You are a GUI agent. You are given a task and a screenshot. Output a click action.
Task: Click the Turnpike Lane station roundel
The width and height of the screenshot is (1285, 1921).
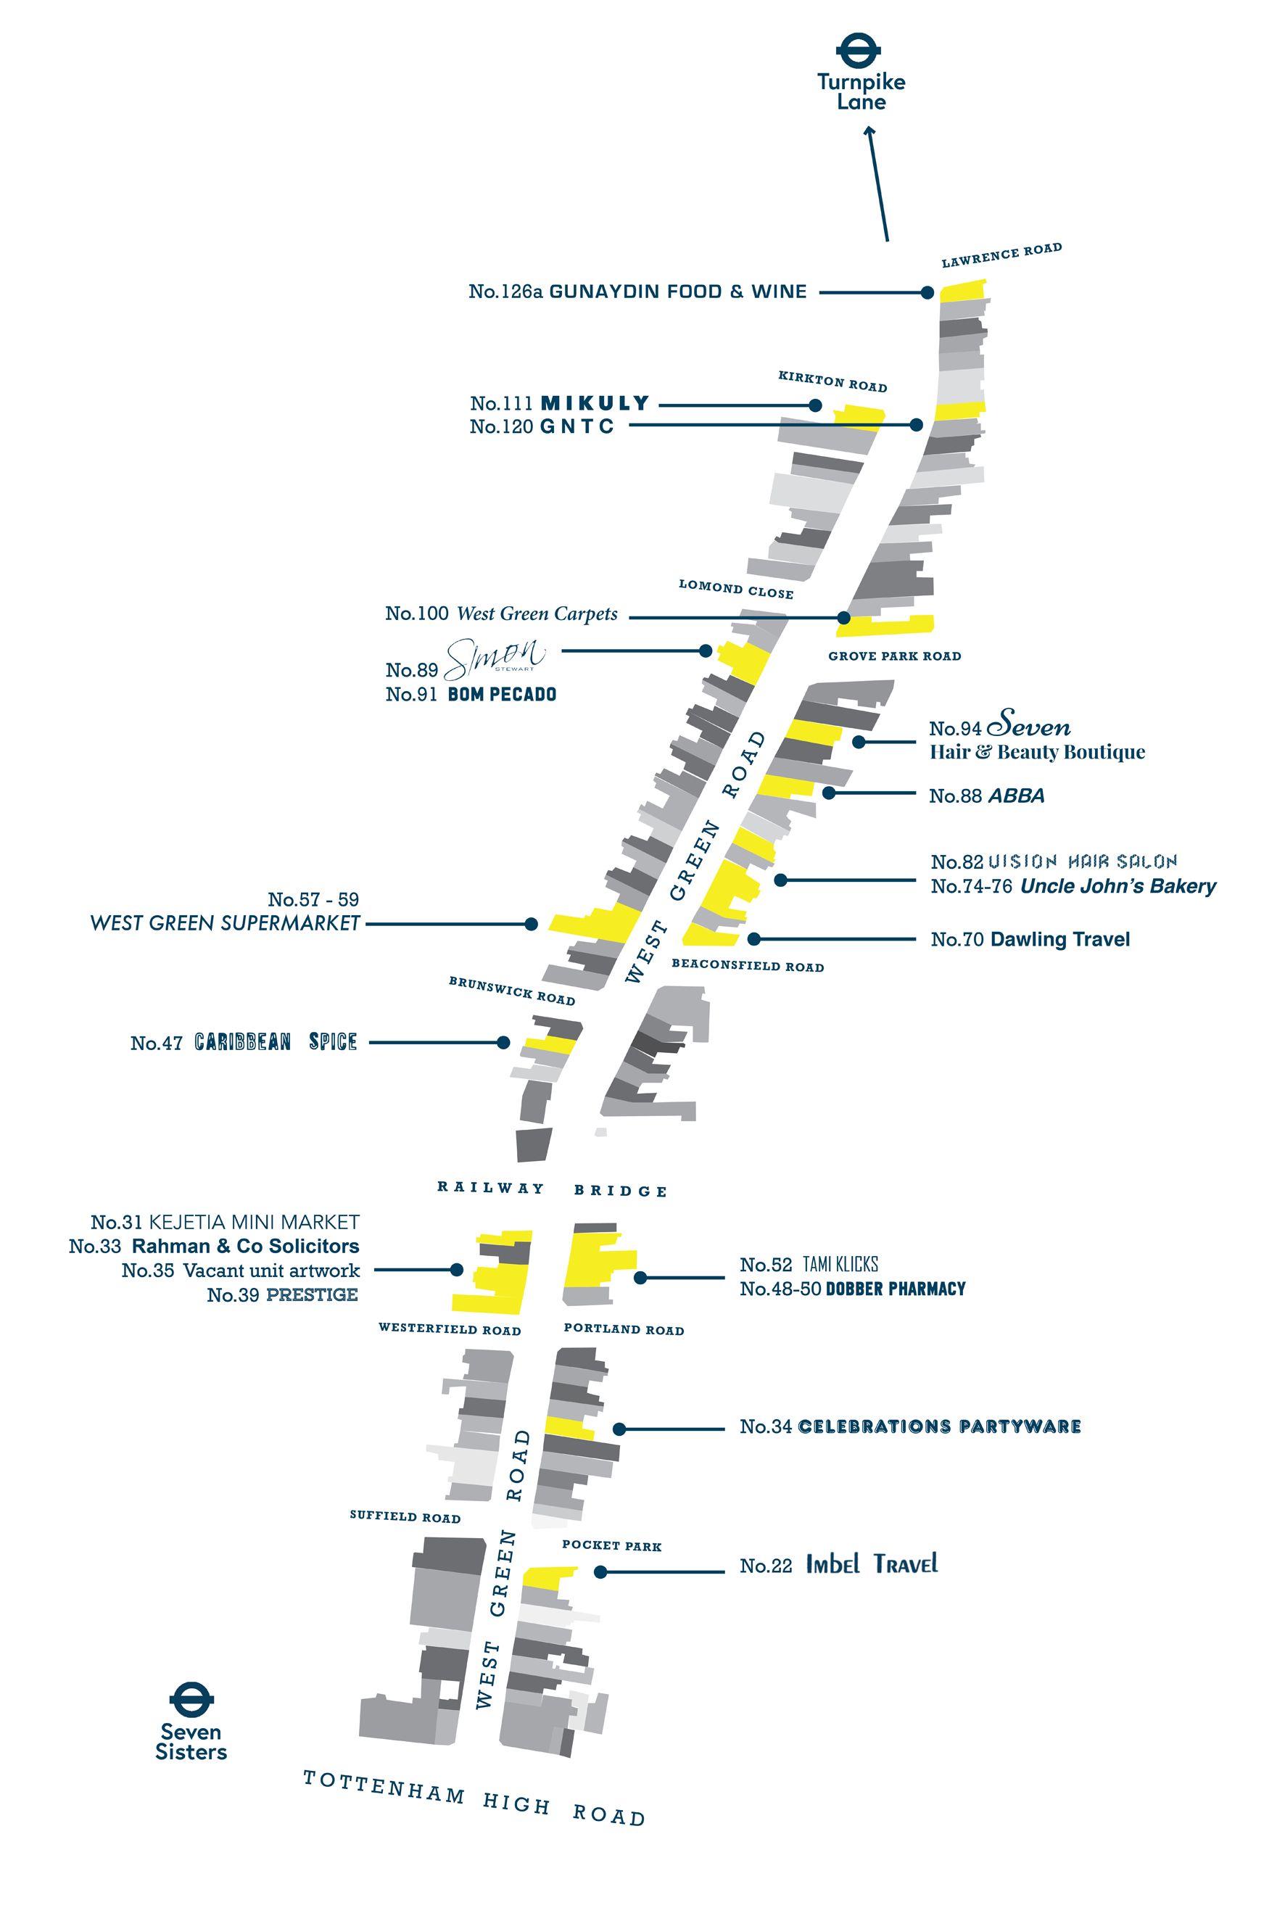pyautogui.click(x=858, y=51)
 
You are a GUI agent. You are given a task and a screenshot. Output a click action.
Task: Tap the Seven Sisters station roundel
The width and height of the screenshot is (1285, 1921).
pyautogui.click(x=191, y=1700)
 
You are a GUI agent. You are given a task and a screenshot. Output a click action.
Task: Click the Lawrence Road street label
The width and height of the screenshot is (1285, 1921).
pyautogui.click(x=1001, y=255)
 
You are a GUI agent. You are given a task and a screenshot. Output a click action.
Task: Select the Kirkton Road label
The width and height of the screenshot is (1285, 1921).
pyautogui.click(x=832, y=381)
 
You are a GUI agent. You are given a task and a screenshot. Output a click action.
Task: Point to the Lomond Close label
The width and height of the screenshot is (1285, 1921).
pyautogui.click(x=735, y=588)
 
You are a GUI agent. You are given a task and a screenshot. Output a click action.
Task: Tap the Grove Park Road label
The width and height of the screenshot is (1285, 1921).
pyautogui.click(x=894, y=656)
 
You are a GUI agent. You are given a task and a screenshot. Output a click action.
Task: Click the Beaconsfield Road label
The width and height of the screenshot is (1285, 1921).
pyautogui.click(x=748, y=965)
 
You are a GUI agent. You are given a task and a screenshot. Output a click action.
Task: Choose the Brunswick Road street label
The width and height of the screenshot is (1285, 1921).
pyautogui.click(x=511, y=990)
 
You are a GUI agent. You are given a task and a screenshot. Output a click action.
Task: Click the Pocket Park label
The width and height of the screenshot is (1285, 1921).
pyautogui.click(x=611, y=1545)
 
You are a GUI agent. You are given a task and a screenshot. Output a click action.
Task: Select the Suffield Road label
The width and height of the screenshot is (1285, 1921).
pyautogui.click(x=405, y=1516)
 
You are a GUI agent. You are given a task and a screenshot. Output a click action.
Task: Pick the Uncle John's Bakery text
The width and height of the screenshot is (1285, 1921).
pyautogui.click(x=1117, y=886)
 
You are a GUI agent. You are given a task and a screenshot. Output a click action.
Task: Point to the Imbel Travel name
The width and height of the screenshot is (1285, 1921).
pyautogui.click(x=871, y=1563)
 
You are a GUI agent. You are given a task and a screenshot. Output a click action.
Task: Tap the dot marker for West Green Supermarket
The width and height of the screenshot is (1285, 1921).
pyautogui.click(x=531, y=924)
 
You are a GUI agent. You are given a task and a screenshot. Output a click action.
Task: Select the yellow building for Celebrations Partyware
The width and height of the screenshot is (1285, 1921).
pyautogui.click(x=569, y=1427)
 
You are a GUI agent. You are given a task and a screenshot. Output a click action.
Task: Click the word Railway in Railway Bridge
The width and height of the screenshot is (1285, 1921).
pyautogui.click(x=490, y=1188)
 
